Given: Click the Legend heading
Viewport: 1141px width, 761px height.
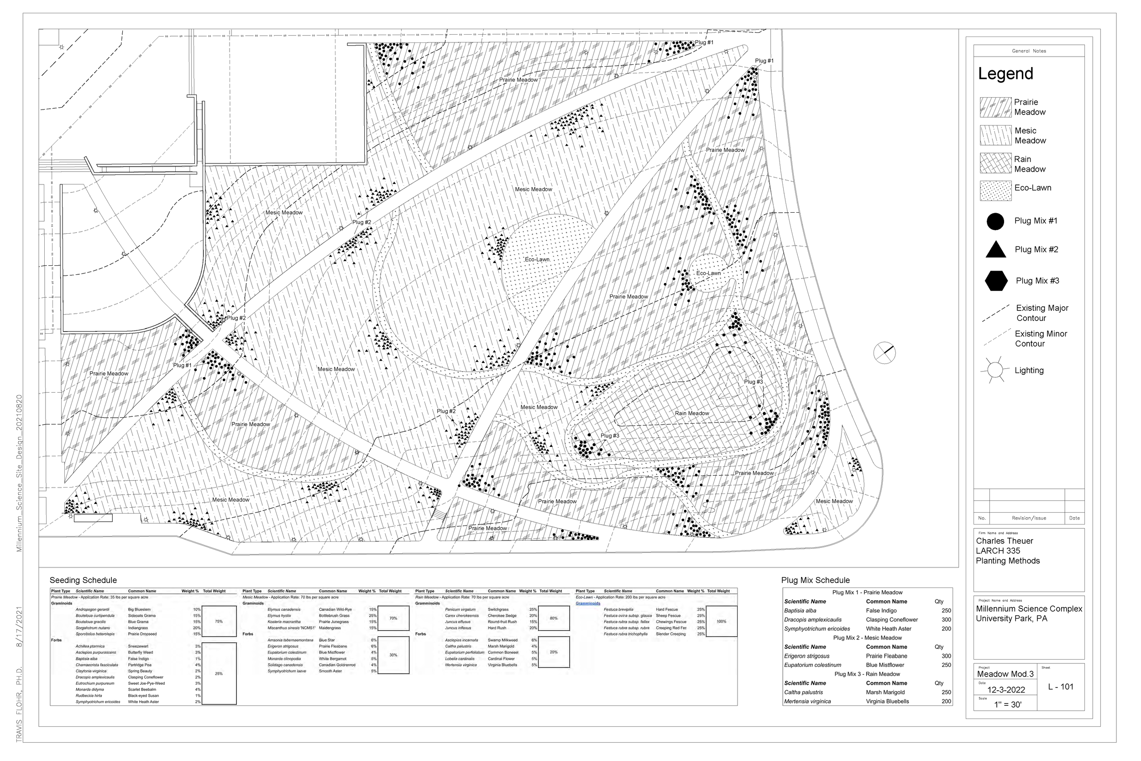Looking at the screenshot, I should coord(1005,74).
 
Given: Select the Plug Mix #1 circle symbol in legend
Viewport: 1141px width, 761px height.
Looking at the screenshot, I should coord(995,221).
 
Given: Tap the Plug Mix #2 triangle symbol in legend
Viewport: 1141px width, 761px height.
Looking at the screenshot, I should coord(995,250).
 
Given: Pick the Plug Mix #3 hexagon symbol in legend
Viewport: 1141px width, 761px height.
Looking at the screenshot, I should coord(996,280).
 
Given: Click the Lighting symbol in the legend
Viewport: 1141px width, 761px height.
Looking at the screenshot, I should coord(994,370).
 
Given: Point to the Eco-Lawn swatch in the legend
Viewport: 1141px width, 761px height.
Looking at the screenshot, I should coord(995,191).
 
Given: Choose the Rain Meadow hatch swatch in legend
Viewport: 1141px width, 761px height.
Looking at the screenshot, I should coord(995,163).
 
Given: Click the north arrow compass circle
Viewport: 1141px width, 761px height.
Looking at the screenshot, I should coord(884,353).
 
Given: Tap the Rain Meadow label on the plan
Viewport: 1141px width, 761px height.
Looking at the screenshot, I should coord(691,414).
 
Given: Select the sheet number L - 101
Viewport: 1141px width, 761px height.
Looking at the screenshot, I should coord(1061,687).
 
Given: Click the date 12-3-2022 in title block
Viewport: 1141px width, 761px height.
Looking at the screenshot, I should coord(1005,690).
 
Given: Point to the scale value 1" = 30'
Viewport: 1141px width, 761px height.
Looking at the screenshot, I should coord(1008,705).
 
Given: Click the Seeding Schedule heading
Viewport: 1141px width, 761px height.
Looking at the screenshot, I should coord(83,581).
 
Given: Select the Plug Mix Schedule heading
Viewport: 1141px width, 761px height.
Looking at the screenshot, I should coord(815,581).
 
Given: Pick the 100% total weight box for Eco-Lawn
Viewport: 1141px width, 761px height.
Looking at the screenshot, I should coord(721,622).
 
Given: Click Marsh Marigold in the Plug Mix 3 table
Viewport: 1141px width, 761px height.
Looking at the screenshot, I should coord(885,693).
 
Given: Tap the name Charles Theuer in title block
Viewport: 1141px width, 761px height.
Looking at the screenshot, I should coord(1004,541).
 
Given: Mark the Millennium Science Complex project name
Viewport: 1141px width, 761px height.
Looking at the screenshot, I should coord(1028,609).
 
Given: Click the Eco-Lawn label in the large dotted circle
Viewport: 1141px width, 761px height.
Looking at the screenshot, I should coord(537,260).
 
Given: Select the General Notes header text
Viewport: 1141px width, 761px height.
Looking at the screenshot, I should coord(1028,51).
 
